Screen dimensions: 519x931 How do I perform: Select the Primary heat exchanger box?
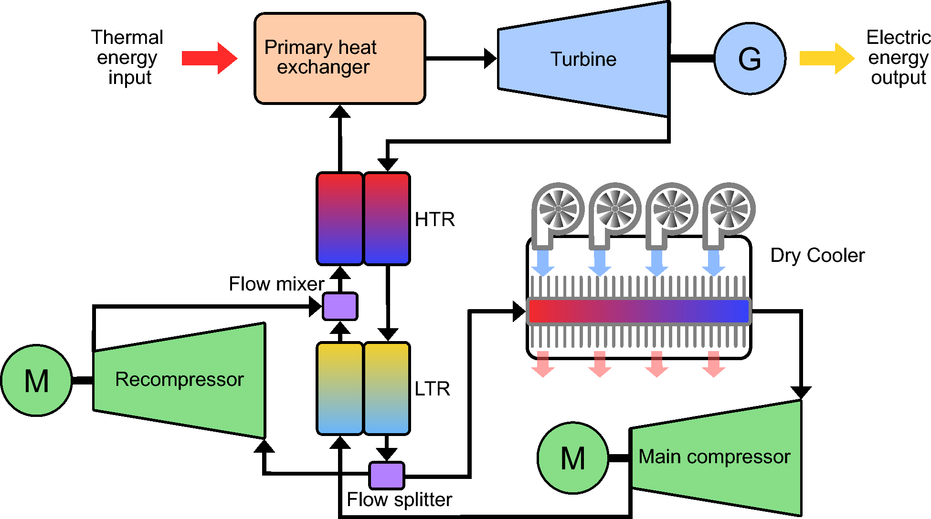[339, 59]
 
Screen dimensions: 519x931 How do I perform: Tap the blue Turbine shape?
[583, 59]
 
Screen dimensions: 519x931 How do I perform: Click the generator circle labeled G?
[750, 59]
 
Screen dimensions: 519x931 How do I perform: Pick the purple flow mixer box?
[340, 306]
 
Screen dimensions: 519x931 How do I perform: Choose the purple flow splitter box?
[387, 475]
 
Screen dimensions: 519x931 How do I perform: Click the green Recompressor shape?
[179, 380]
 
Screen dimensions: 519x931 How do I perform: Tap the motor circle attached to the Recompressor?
[37, 381]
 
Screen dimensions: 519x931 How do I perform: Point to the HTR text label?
[434, 219]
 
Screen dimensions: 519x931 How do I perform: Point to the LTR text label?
[432, 389]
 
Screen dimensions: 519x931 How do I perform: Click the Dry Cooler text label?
[817, 255]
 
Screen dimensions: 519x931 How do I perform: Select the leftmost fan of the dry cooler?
[558, 209]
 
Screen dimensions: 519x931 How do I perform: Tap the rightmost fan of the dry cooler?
[729, 209]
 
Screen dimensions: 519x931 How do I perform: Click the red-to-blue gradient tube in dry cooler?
[639, 311]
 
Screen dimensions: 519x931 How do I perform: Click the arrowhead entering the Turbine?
[490, 59]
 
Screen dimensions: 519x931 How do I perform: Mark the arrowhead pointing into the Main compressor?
[801, 393]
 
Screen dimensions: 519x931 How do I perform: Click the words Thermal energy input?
[127, 57]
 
